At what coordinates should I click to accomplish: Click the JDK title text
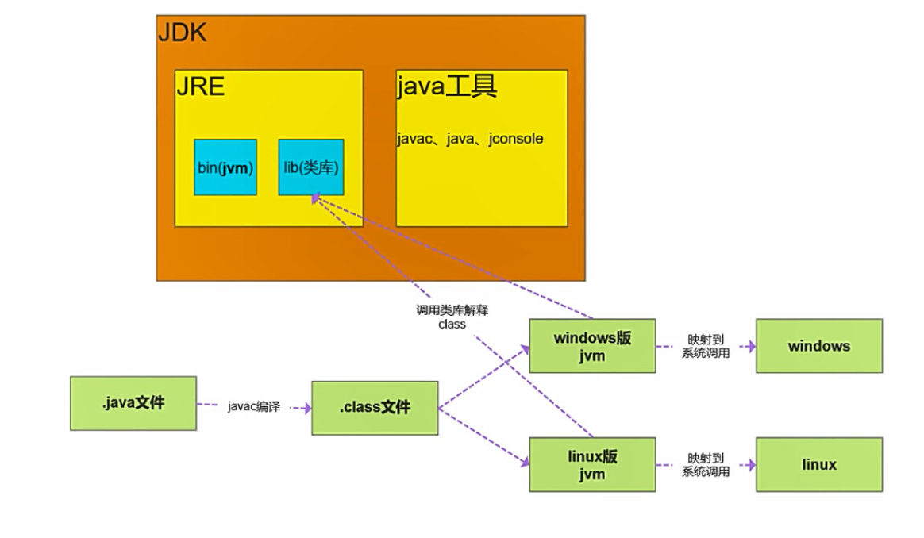183,33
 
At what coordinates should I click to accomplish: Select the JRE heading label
201,86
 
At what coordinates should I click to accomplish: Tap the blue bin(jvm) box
225,167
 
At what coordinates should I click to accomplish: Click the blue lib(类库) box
311,167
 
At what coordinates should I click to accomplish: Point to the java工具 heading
447,86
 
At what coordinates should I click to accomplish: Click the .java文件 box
133,403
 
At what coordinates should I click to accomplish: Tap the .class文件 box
375,408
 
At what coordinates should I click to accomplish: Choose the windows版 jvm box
592,346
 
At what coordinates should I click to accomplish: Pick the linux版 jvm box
592,465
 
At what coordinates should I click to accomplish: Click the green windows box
818,346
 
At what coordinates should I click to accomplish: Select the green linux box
818,464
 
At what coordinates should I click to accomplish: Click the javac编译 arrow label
254,407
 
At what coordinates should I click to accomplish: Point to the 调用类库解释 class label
452,317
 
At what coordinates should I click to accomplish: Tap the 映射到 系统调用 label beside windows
706,346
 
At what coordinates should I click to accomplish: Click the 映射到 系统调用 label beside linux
706,465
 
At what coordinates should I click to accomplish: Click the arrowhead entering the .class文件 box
306,408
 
